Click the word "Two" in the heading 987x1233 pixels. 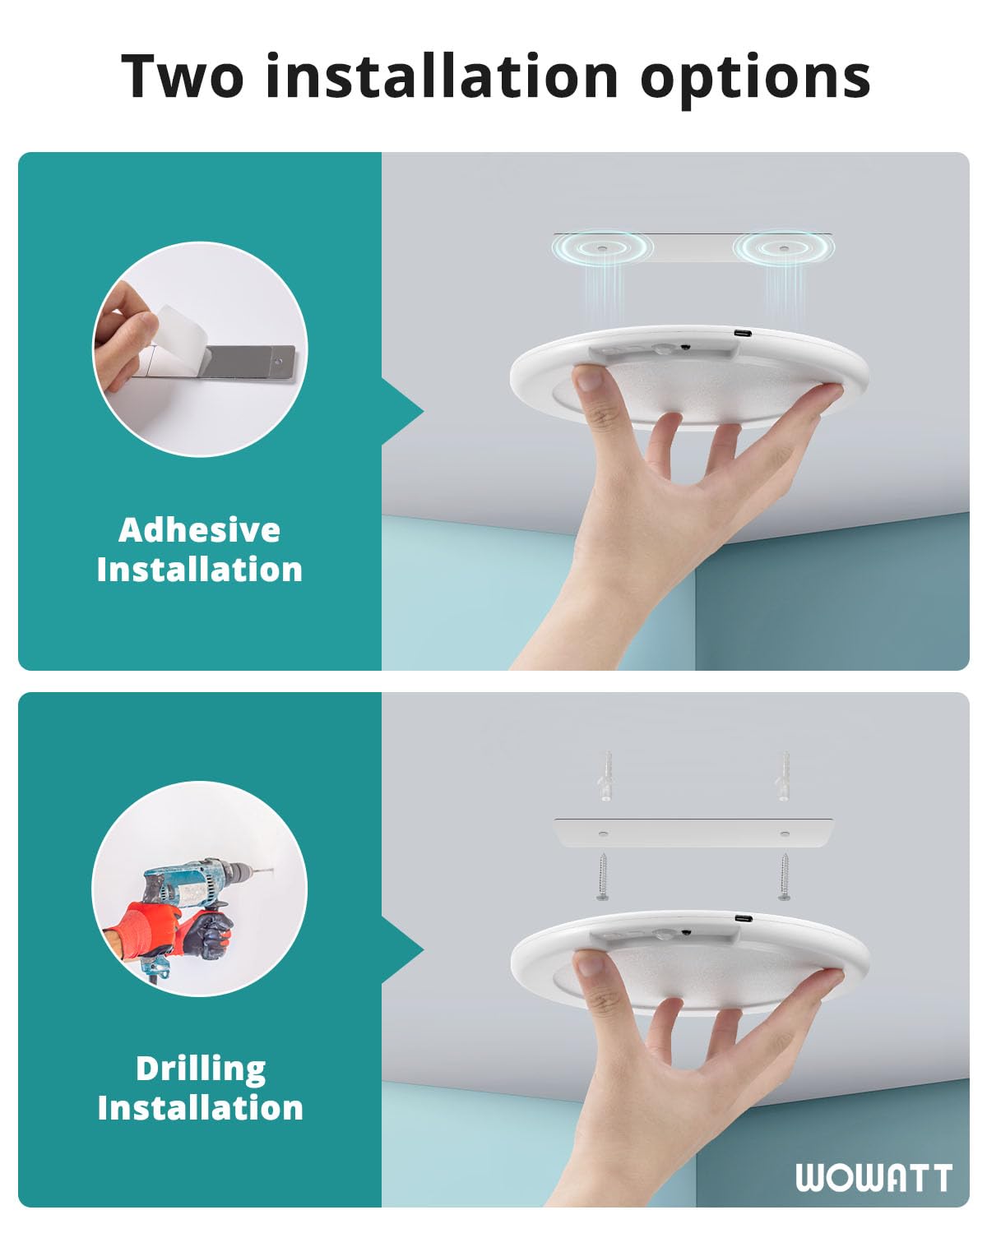(x=183, y=76)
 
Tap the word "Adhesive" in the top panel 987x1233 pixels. (x=199, y=530)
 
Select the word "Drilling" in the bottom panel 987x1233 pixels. (x=201, y=1069)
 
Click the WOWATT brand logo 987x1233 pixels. (x=873, y=1177)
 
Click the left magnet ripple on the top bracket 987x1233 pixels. (x=602, y=247)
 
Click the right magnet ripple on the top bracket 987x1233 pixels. (x=782, y=247)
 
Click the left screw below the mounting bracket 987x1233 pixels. (x=603, y=878)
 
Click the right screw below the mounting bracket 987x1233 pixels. (x=784, y=878)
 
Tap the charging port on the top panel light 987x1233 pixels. (x=742, y=334)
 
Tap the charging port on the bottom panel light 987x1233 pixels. (x=742, y=918)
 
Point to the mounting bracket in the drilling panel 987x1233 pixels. (x=693, y=833)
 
